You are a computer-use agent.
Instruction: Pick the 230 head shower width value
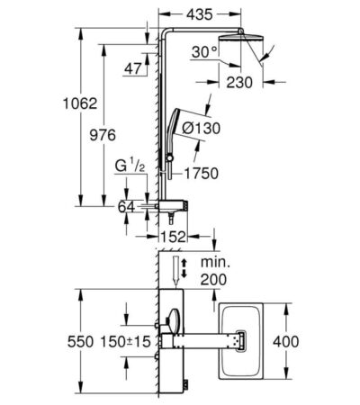[x=238, y=82]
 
